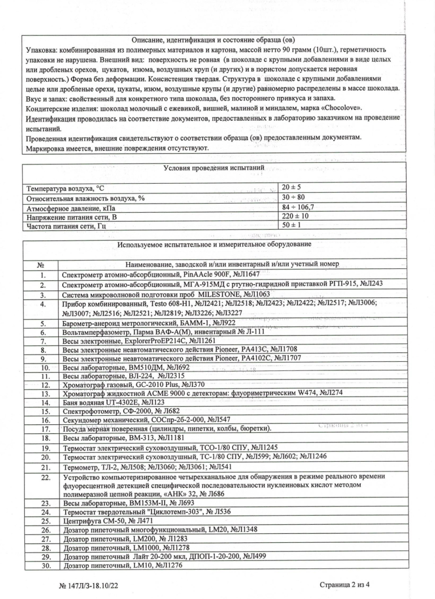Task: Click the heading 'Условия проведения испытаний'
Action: point(214,169)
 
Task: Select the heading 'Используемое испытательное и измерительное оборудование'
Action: point(214,245)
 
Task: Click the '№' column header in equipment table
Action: point(40,264)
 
